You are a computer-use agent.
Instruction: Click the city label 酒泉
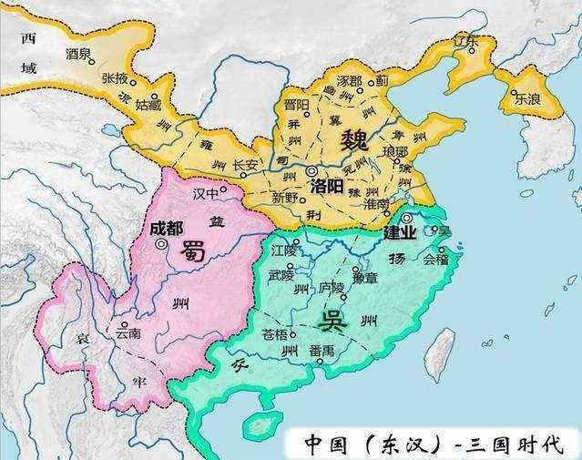(x=79, y=55)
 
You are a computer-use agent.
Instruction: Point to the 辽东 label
(x=466, y=41)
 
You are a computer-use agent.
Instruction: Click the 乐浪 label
(x=526, y=100)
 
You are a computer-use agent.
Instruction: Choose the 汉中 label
(x=207, y=194)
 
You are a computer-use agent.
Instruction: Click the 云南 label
(x=128, y=333)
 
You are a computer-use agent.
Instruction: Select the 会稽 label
(x=435, y=259)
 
